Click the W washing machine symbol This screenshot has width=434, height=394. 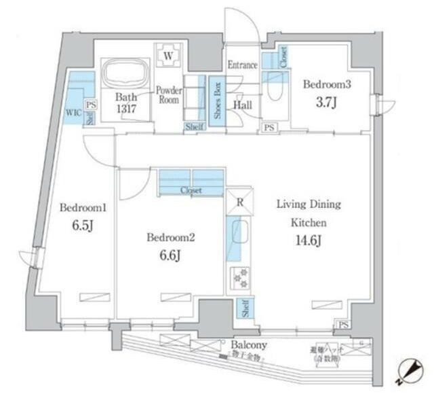168,55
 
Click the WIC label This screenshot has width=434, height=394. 73,112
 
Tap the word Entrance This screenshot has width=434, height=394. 242,66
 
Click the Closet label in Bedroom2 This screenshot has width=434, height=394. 191,191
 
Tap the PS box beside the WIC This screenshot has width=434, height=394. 92,105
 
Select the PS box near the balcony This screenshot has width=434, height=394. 343,325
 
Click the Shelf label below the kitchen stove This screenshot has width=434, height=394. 243,309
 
